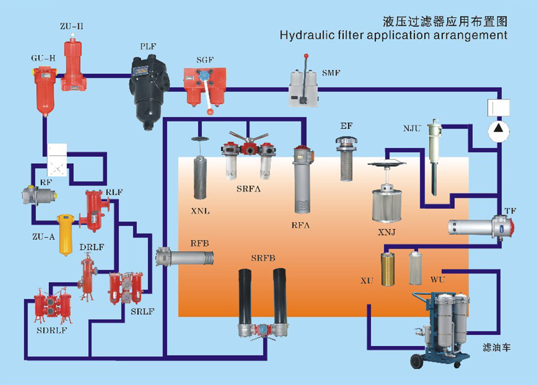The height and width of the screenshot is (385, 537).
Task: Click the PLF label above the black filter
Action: pos(148,47)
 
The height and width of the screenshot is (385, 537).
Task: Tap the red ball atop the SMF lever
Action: pos(306,56)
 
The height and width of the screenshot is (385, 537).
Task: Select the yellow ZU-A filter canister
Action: pos(65,235)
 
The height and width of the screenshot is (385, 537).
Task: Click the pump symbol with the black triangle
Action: pos(499,131)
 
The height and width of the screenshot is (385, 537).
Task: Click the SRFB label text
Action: pos(263,258)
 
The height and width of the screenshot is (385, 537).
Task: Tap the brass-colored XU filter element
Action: pos(388,269)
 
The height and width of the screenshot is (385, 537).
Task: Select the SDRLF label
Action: pos(51,330)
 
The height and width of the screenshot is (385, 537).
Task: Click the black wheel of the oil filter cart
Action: pos(417,361)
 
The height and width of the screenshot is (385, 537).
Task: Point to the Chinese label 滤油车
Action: pos(496,347)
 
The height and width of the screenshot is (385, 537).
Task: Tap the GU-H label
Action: pos(43,58)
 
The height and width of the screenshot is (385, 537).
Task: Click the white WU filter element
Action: pos(415,268)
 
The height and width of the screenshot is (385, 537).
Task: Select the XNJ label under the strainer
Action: pos(387,232)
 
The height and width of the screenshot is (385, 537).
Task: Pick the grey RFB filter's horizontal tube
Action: pos(189,258)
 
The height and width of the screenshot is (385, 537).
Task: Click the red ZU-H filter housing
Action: pos(73,65)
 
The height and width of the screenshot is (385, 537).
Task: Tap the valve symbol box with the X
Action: pos(57,168)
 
